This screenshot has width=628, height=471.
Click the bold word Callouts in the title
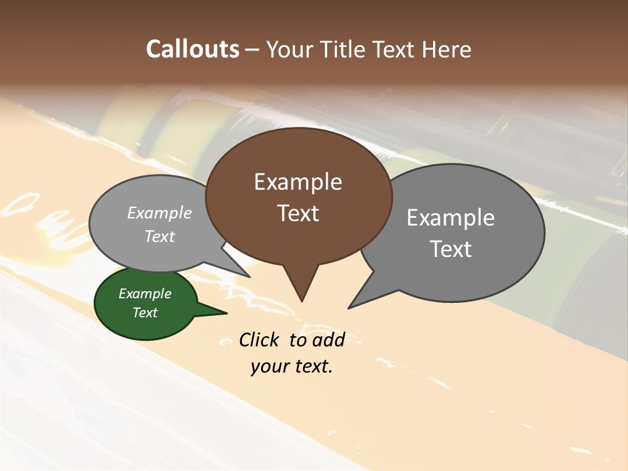[193, 49]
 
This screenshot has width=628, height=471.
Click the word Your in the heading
[290, 49]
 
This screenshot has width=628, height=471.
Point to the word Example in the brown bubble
[298, 182]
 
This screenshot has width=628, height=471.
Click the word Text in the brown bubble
[298, 213]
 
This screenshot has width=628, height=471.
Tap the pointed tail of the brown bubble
[301, 288]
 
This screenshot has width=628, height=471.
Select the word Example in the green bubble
[145, 294]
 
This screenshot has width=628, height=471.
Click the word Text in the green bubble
[145, 313]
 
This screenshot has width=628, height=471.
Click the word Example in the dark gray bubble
[451, 217]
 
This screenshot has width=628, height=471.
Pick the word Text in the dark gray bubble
[451, 249]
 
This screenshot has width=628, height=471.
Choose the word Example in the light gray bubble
[160, 213]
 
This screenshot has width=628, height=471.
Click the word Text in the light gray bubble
[160, 236]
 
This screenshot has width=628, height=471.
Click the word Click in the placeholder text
[258, 340]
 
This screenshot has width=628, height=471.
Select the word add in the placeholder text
[328, 340]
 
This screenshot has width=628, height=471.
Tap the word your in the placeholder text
[269, 366]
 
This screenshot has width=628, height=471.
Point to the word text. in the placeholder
[312, 366]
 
